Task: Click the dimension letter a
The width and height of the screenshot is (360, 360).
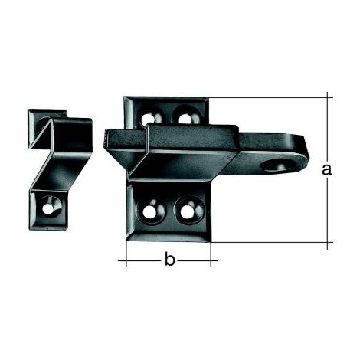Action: [x=326, y=170]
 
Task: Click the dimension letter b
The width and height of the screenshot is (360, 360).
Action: [x=169, y=259]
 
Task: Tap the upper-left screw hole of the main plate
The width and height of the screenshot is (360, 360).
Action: [x=149, y=119]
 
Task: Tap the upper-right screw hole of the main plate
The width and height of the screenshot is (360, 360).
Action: [x=185, y=117]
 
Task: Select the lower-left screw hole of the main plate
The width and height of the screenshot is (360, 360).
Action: [x=149, y=211]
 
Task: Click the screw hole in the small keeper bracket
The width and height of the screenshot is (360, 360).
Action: [x=50, y=208]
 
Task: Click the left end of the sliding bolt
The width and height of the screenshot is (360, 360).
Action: [x=105, y=139]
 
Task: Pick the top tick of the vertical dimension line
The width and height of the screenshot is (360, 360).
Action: [x=328, y=97]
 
